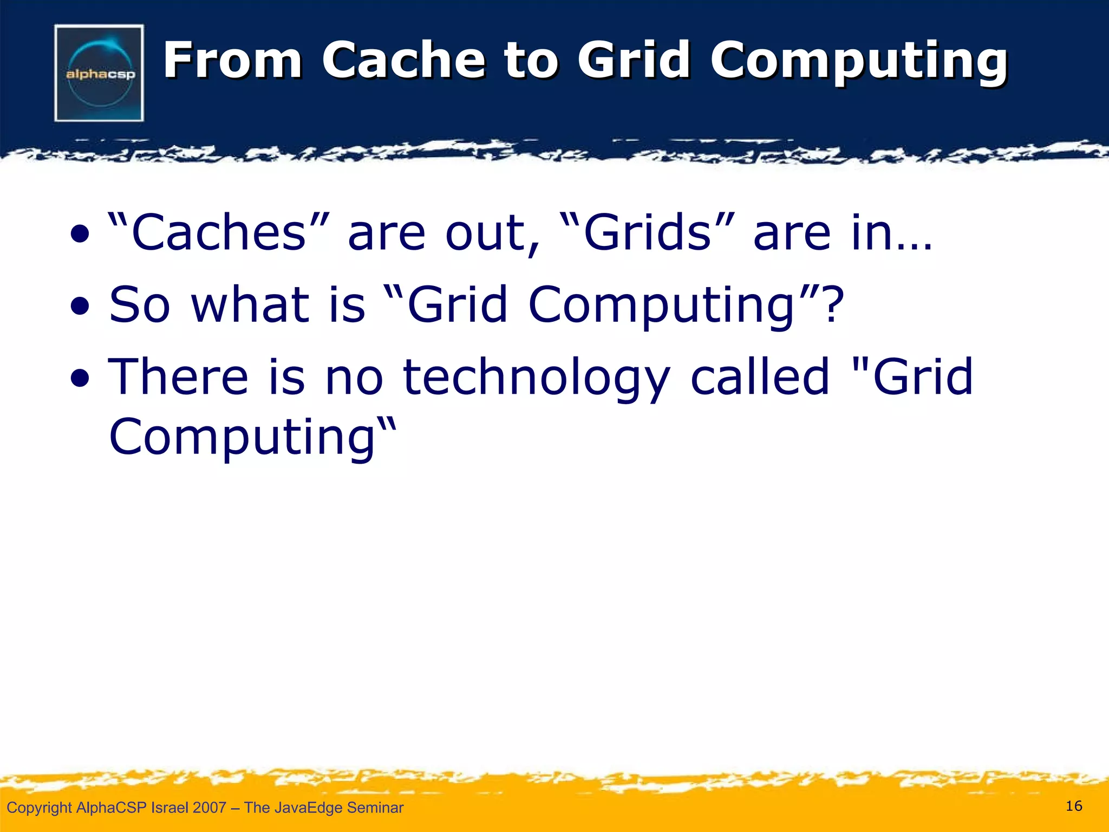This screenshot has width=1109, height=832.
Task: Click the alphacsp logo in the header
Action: (x=99, y=73)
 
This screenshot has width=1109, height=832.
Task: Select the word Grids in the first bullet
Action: (x=647, y=233)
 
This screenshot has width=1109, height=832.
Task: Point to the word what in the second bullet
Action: (x=251, y=304)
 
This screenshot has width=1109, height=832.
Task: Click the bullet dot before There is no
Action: (x=80, y=379)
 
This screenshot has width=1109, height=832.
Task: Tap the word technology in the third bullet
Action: (x=537, y=378)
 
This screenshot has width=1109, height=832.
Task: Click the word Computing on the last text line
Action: (x=242, y=438)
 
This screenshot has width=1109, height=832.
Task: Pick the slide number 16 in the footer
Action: (x=1074, y=806)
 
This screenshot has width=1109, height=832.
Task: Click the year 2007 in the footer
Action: (x=209, y=808)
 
